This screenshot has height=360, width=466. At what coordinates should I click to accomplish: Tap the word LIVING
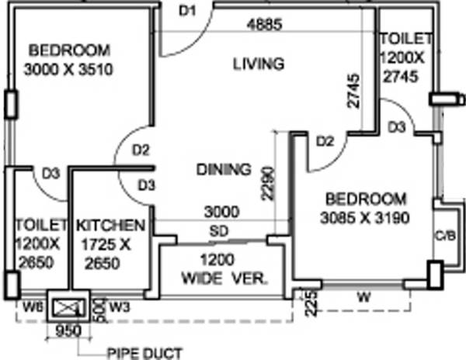pyautogui.click(x=259, y=63)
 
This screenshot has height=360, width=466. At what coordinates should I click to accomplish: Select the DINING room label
pyautogui.click(x=223, y=169)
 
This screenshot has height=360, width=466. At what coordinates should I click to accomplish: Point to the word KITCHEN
pyautogui.click(x=110, y=226)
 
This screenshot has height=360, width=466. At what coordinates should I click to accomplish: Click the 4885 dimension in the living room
pyautogui.click(x=263, y=25)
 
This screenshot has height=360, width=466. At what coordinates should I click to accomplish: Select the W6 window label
pyautogui.click(x=32, y=306)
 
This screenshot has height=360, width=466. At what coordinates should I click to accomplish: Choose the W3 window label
pyautogui.click(x=119, y=306)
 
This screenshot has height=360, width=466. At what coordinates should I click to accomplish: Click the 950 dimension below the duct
pyautogui.click(x=70, y=328)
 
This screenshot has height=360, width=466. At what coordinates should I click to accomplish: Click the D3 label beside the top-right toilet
pyautogui.click(x=396, y=126)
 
